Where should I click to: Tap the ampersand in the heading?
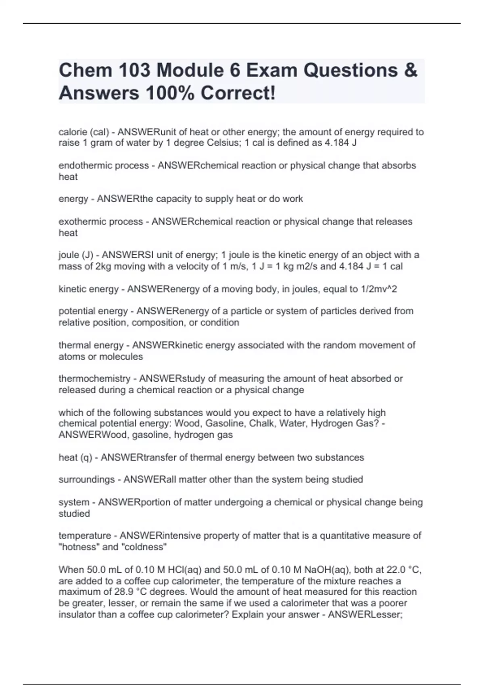point(410,71)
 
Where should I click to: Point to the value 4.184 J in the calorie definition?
point(340,143)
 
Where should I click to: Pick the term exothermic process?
point(101,222)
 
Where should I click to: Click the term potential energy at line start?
point(93,311)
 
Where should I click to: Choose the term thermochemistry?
point(94,379)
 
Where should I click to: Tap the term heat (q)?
point(75,458)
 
